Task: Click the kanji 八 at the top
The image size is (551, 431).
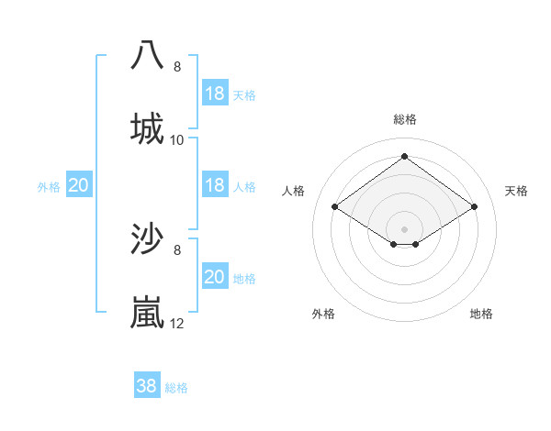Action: (x=147, y=54)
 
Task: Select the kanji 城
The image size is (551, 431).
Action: (x=147, y=128)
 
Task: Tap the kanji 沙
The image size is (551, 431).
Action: (x=147, y=238)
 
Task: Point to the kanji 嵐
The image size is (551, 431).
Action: (x=147, y=312)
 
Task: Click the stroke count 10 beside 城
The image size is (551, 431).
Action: (x=177, y=140)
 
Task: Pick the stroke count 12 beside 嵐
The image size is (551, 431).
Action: (x=177, y=324)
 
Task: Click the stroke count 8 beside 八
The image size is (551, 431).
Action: (x=177, y=67)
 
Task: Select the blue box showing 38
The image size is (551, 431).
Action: (x=147, y=386)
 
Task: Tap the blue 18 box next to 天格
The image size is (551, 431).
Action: (x=214, y=94)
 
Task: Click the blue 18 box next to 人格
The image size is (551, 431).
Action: (x=214, y=185)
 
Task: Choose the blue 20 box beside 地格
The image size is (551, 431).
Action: (x=214, y=277)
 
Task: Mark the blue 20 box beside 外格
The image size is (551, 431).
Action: (x=78, y=185)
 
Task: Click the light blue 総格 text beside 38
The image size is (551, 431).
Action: (x=176, y=388)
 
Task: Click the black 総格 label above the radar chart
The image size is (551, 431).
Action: (x=404, y=119)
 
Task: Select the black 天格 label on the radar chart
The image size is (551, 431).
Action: (x=516, y=191)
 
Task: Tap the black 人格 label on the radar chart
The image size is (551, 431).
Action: (x=294, y=191)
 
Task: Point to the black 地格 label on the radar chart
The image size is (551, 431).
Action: (x=481, y=314)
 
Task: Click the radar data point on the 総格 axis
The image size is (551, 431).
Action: (x=404, y=157)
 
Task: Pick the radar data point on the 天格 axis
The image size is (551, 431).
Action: (x=474, y=207)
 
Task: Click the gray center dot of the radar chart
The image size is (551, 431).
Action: (x=404, y=228)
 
